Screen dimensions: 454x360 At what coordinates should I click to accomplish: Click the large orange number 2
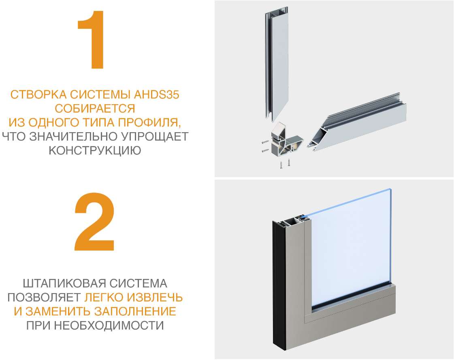click(x=95, y=221)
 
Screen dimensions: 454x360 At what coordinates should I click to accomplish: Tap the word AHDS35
click(x=157, y=95)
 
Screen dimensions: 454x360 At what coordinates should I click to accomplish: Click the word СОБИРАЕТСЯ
click(x=95, y=109)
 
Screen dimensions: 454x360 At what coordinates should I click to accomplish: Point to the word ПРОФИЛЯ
click(x=150, y=122)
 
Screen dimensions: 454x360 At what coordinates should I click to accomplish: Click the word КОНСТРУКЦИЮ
click(x=95, y=150)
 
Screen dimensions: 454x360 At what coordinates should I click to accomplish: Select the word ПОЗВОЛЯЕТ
click(x=44, y=297)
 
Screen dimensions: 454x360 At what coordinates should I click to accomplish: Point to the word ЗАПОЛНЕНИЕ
click(x=135, y=311)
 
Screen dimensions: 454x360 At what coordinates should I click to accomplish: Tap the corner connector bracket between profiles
click(x=285, y=141)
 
